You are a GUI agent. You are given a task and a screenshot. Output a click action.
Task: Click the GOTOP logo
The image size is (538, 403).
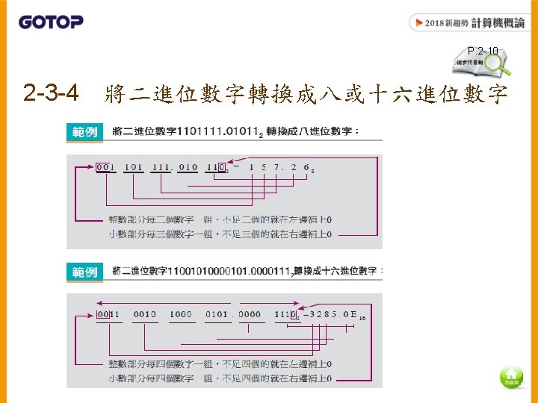tap(51, 22)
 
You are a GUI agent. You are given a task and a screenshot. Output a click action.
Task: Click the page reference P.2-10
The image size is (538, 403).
tap(483, 51)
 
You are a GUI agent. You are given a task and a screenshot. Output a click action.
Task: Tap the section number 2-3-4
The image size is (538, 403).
tap(51, 94)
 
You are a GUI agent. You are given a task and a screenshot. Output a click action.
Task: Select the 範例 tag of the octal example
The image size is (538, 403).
tap(84, 132)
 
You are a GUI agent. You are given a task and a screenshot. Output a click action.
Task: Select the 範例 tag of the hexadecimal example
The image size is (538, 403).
tap(84, 272)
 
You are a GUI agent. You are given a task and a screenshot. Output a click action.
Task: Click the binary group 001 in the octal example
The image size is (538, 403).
tap(105, 167)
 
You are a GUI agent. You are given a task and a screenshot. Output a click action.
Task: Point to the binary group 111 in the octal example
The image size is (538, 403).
tap(160, 167)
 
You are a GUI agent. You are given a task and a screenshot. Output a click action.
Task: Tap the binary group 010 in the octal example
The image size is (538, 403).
tap(188, 167)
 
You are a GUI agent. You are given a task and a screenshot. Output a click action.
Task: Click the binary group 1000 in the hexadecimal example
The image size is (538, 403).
tap(180, 314)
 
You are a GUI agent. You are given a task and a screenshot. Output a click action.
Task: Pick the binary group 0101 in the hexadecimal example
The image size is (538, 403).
tap(216, 314)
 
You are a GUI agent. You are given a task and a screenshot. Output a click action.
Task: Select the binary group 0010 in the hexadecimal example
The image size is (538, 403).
tap(144, 314)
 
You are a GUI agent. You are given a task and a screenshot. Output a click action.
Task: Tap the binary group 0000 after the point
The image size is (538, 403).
tap(250, 314)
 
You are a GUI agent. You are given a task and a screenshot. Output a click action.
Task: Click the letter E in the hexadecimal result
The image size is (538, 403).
tap(353, 314)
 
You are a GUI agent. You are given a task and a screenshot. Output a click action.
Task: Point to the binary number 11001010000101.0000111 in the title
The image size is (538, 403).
tap(223, 272)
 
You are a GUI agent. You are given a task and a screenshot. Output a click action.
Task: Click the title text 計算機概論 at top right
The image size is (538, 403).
tap(498, 23)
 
